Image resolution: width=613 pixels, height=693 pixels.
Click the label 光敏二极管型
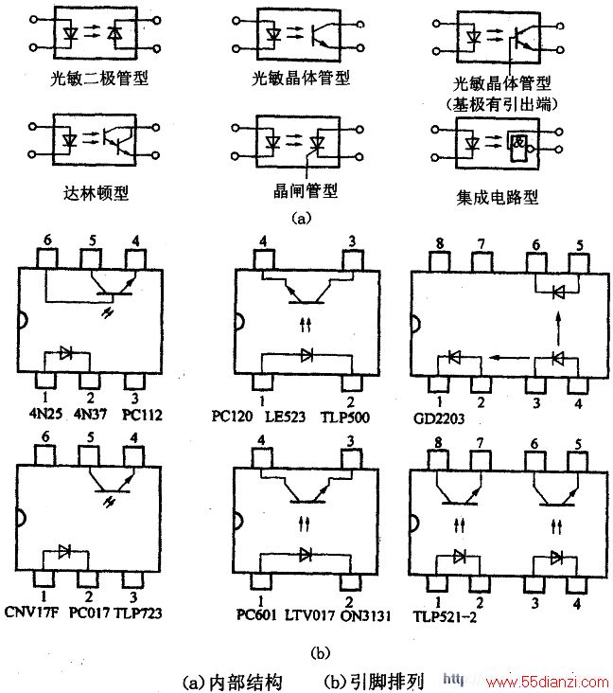coord(99,79)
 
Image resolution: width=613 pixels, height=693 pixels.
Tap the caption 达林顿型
coord(96,193)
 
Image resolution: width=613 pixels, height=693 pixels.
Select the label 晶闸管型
coord(306,191)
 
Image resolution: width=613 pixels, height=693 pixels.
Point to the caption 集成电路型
coord(498,197)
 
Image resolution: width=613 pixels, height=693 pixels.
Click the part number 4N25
coord(45,414)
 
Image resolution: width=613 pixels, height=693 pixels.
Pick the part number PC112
coord(142,415)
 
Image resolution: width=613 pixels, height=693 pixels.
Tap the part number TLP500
coord(345,417)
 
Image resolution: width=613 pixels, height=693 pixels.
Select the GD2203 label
coord(439,418)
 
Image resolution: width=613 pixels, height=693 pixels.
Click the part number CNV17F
coord(31,612)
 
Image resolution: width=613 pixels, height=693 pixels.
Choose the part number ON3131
coord(366,615)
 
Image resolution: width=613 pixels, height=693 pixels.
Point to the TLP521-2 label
coord(445,616)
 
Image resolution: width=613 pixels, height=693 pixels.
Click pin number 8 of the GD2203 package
coord(440,244)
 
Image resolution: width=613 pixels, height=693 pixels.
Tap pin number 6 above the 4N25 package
coord(47,240)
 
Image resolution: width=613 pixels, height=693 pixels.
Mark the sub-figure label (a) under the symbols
coord(302,218)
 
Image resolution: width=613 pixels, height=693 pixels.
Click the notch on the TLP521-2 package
coord(415,524)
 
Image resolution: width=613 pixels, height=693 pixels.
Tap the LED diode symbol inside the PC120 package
coord(306,355)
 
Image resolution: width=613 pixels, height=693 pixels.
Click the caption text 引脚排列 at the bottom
coord(387,682)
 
